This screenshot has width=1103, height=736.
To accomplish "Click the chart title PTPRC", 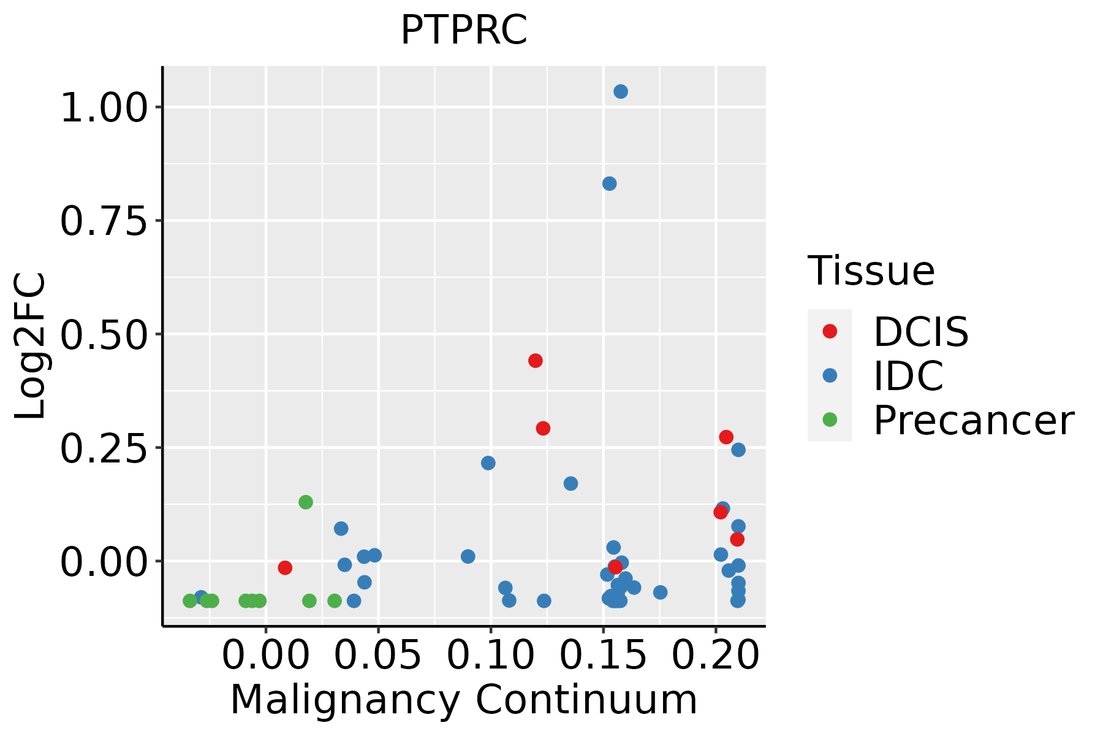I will (464, 31).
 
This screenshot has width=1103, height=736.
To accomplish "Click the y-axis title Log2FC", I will (31, 346).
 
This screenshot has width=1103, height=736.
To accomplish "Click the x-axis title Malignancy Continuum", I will (464, 700).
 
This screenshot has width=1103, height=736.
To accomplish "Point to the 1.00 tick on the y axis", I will (105, 108).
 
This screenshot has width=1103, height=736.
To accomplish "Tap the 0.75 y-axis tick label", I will (105, 221).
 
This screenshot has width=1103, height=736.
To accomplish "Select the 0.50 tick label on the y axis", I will (105, 334).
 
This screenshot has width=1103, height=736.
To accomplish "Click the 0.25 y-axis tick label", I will (105, 448).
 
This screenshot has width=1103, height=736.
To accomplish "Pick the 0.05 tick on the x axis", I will (379, 655).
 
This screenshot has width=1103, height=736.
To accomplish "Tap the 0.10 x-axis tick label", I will (491, 655).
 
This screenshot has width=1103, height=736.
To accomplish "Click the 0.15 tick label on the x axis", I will (604, 655).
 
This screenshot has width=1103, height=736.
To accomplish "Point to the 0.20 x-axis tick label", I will (716, 655).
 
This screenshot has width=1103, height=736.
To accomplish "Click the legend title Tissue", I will (871, 270).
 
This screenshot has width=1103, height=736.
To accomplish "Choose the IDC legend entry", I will (908, 375).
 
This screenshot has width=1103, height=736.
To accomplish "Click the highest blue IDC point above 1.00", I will (621, 92).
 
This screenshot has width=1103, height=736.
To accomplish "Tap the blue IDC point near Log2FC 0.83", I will (609, 184).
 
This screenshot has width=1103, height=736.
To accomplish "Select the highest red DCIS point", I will (536, 361).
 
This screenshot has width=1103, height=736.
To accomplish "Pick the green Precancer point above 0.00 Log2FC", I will (306, 502).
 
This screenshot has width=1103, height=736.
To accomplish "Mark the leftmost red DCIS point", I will (285, 568).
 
